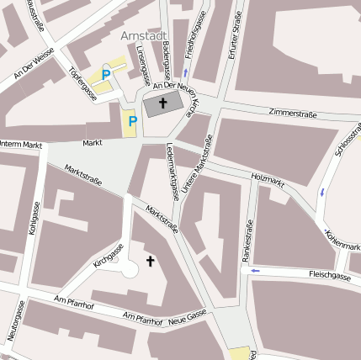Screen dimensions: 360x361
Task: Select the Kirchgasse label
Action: pos(109,256)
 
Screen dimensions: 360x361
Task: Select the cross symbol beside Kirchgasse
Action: pos(151,262)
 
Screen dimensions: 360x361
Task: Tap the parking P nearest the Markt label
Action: pos(132,122)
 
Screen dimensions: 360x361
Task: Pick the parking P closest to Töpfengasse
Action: pos(106,75)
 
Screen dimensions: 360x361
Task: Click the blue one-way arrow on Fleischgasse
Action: pos(256,271)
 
